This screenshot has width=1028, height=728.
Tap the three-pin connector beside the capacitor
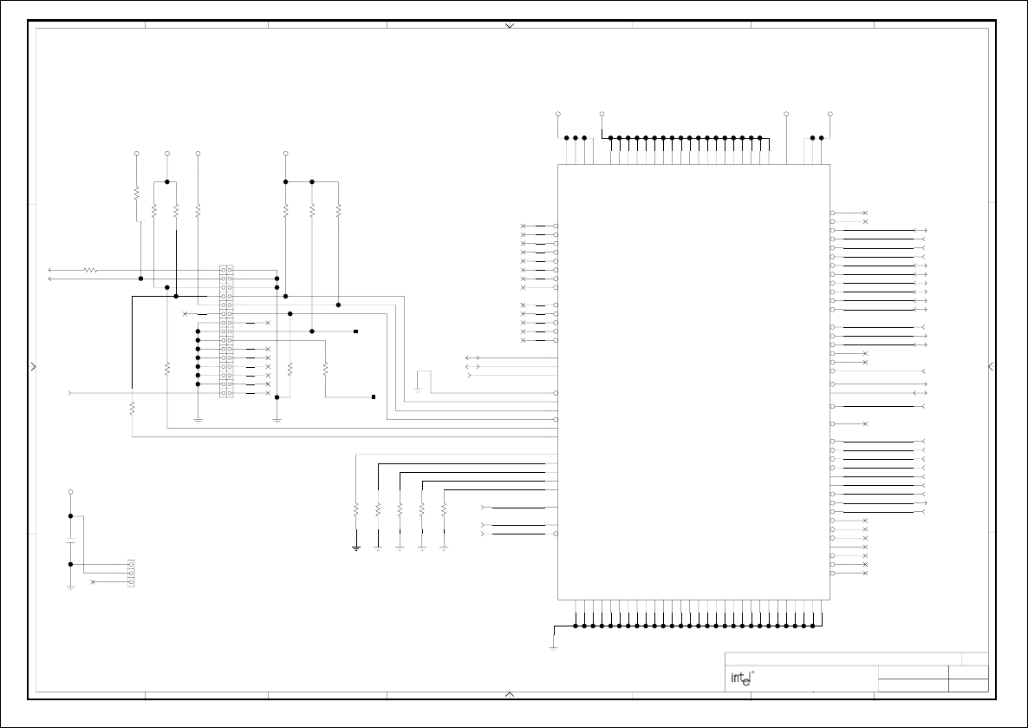point(131,573)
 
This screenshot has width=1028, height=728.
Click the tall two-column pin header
point(226,331)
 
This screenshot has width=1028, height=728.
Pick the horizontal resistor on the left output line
point(90,270)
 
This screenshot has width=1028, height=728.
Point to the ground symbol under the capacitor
point(71,587)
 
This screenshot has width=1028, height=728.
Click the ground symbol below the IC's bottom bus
point(554,646)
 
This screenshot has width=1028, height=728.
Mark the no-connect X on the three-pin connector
point(93,581)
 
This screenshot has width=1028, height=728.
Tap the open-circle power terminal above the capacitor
point(71,492)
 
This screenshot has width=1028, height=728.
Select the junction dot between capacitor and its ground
point(71,564)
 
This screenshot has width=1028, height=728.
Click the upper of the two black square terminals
point(355,331)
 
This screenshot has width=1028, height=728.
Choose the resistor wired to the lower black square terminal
point(325,368)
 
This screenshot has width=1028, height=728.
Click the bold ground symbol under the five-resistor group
point(356,548)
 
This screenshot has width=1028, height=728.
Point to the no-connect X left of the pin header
point(185,313)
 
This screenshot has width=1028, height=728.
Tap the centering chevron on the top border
point(510,26)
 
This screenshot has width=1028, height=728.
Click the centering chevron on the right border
point(991,366)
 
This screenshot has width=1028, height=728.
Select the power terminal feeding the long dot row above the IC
point(602,114)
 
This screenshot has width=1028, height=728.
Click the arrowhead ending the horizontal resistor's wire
point(51,270)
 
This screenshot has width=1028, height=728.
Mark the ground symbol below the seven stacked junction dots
point(198,420)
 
